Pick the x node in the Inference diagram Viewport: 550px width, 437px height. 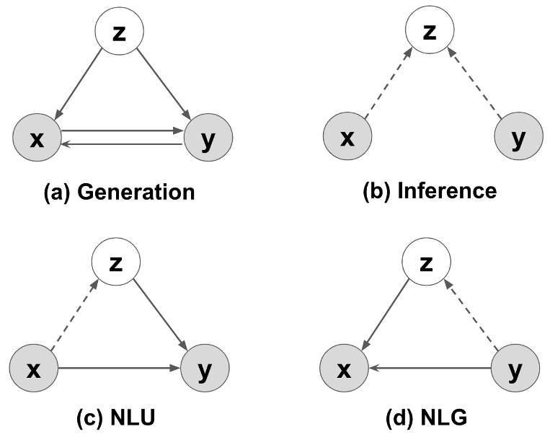pyautogui.click(x=347, y=138)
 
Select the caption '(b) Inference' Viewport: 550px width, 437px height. pyautogui.click(x=430, y=191)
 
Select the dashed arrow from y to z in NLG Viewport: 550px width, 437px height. pyautogui.click(x=473, y=318)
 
